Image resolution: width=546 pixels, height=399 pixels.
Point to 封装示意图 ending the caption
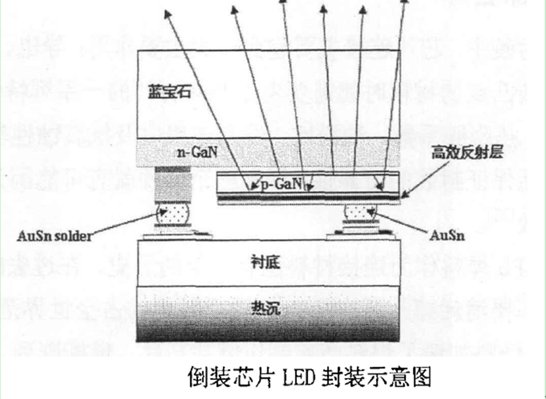click(x=376, y=377)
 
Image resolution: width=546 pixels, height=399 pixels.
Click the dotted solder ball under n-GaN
click(x=171, y=213)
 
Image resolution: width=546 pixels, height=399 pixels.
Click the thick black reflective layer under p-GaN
click(x=308, y=196)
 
